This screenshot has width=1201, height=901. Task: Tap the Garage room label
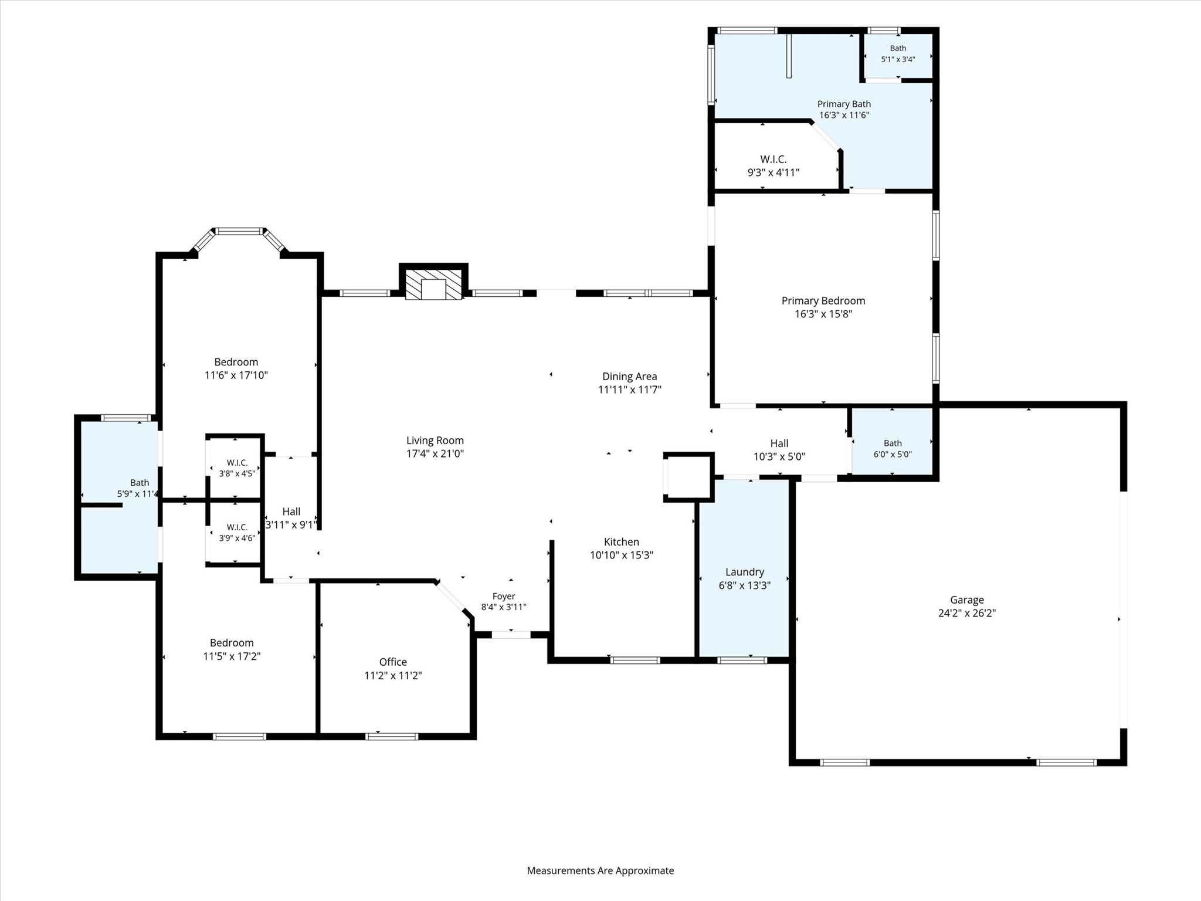(x=967, y=600)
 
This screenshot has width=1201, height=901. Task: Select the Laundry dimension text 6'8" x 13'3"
(x=745, y=585)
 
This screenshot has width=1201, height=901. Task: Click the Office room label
(x=393, y=662)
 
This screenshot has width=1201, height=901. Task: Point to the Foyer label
(x=504, y=596)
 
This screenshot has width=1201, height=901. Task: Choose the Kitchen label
(x=622, y=542)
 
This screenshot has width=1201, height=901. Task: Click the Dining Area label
(x=630, y=377)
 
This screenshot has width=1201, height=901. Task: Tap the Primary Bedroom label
(x=823, y=301)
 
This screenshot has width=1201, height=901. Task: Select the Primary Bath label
(x=844, y=104)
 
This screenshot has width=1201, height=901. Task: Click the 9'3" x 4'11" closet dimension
(x=773, y=172)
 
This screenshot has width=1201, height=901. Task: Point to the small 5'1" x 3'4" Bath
(x=898, y=54)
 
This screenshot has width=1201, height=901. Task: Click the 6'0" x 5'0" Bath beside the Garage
(x=892, y=441)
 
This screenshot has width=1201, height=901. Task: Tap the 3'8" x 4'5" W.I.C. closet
(x=237, y=468)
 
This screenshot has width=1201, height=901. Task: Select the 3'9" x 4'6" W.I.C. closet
(x=237, y=533)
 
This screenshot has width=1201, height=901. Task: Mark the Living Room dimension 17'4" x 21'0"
(x=435, y=453)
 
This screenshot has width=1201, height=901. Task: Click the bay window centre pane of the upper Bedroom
(x=239, y=231)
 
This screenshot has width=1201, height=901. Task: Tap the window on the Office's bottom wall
(x=392, y=737)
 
